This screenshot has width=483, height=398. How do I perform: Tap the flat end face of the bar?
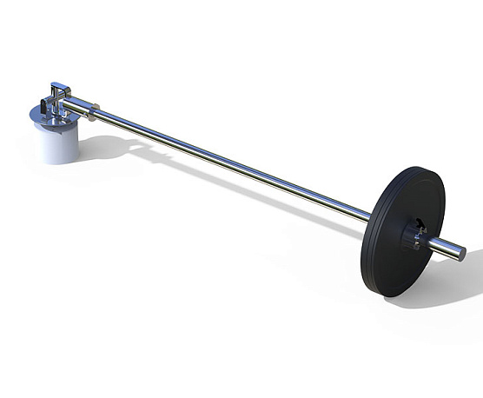point(460,254)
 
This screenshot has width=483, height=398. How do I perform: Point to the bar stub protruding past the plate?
point(443,248)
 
